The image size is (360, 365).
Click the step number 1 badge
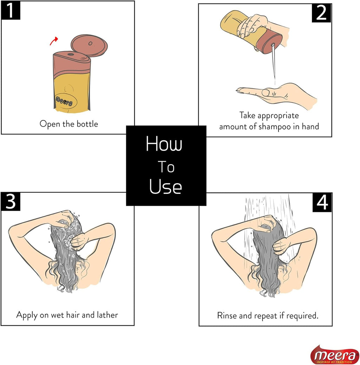point(11,11)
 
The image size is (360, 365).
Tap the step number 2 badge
point(321,13)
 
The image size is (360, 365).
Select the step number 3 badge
point(11,201)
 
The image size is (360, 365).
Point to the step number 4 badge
point(322,203)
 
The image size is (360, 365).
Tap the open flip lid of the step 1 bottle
point(89,46)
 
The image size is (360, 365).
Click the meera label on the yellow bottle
point(64,101)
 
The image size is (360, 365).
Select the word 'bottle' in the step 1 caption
point(87,124)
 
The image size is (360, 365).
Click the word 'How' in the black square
point(164,144)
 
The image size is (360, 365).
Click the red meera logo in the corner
point(334,355)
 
